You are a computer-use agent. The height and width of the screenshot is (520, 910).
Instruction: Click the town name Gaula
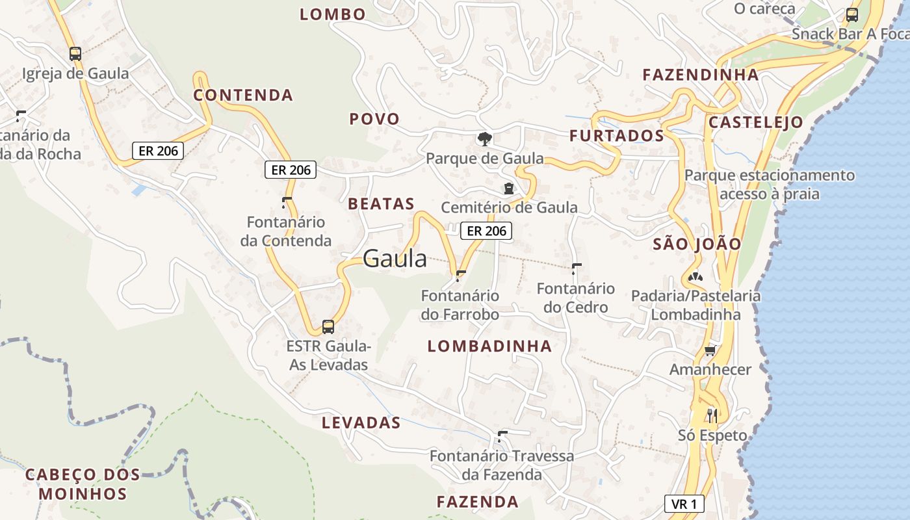coord(395,259)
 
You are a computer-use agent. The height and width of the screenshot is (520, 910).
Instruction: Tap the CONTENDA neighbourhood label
coord(244,95)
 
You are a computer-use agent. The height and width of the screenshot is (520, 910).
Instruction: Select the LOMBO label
coord(333,14)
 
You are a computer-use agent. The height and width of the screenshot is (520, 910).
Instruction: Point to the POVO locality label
coord(374,119)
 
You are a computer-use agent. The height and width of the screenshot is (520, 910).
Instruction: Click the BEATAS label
coord(382,203)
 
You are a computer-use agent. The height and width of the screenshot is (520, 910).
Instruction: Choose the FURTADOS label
coord(617,135)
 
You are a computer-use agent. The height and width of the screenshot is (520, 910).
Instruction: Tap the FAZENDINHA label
coord(701,75)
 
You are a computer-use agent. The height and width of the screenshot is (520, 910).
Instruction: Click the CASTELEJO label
coord(756,122)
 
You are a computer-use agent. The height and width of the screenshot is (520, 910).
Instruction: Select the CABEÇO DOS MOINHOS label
coord(83,484)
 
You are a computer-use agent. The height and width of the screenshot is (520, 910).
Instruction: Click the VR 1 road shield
coord(684,504)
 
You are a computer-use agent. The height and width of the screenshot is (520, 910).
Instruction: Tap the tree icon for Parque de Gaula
coord(484,138)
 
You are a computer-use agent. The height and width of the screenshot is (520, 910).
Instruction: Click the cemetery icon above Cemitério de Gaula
coord(508,189)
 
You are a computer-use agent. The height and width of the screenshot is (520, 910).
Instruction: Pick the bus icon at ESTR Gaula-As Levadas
coord(328,326)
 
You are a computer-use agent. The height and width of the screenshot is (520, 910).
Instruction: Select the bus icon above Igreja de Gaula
coord(75,53)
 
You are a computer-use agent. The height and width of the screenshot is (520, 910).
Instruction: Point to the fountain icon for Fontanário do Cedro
coord(576,268)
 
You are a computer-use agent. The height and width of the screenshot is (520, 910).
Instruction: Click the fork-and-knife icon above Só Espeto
coord(712,415)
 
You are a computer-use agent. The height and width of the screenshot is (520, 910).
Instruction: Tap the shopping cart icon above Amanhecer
coord(710,351)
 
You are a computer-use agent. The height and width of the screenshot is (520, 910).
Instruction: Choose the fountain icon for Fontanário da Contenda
coord(286,201)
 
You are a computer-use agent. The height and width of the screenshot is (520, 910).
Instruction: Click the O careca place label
coord(764,8)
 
